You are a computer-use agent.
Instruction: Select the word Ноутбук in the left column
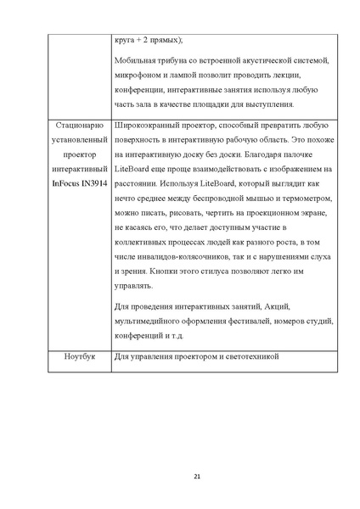[x=79, y=356]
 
